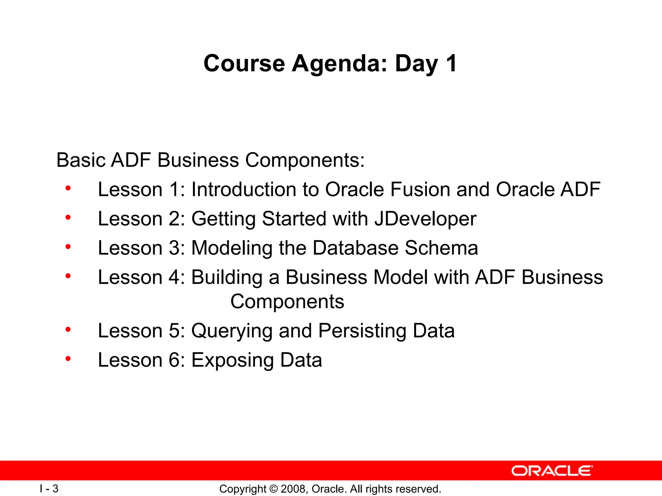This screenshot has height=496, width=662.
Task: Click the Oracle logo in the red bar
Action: pyautogui.click(x=552, y=471)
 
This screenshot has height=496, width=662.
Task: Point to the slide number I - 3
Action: pyautogui.click(x=49, y=489)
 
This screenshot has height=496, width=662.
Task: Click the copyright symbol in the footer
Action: pyautogui.click(x=273, y=489)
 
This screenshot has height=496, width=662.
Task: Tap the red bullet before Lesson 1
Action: pyautogui.click(x=68, y=188)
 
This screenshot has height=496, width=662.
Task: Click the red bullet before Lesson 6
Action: pyautogui.click(x=68, y=359)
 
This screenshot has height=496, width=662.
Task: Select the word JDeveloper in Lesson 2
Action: pyautogui.click(x=425, y=219)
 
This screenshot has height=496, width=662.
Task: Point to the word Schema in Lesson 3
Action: pyautogui.click(x=441, y=248)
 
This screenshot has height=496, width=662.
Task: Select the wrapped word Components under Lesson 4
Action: pyautogui.click(x=287, y=302)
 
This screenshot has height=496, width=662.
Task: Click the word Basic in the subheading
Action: pyautogui.click(x=81, y=160)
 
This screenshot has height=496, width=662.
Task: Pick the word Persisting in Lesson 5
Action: pyautogui.click(x=362, y=331)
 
